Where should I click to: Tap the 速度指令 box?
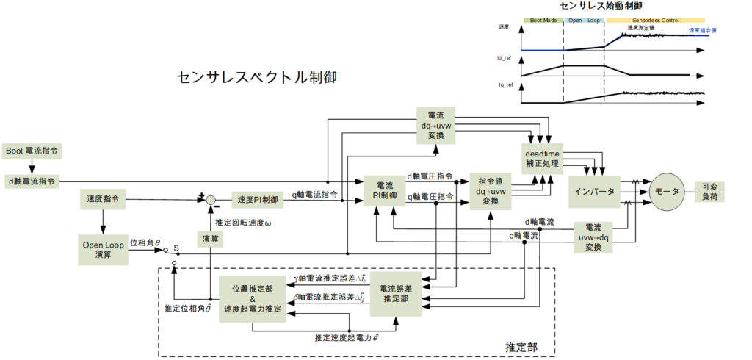click(x=103, y=199)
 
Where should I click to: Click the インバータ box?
click(x=595, y=192)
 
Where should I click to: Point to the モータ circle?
click(x=665, y=192)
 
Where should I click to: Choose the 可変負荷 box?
click(x=711, y=192)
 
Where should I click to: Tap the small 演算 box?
click(x=211, y=238)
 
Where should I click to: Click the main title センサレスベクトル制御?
click(x=257, y=77)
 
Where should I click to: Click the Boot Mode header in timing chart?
click(x=542, y=20)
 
